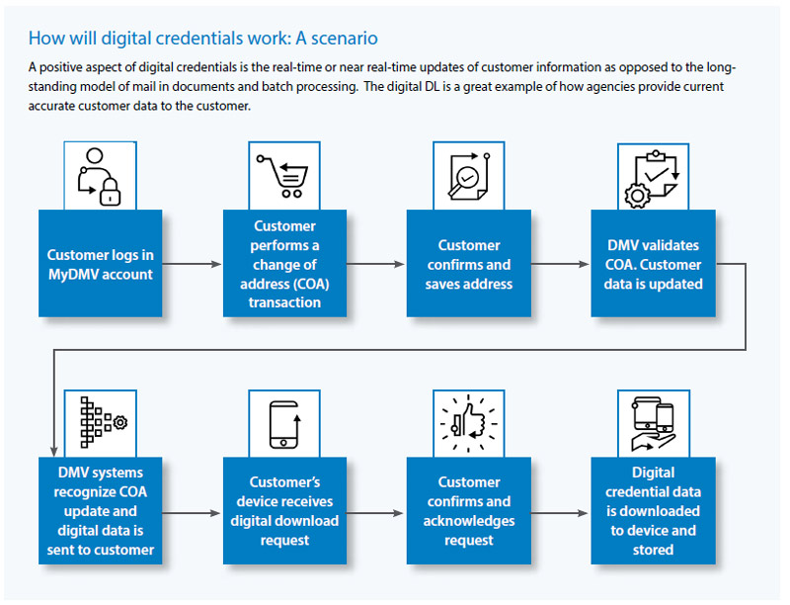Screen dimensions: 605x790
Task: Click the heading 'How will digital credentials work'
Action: (x=202, y=39)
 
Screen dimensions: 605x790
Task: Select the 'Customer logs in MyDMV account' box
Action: (x=101, y=264)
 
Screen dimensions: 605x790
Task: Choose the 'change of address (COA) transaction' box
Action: (x=285, y=264)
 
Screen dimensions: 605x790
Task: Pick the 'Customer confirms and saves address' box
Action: (x=469, y=264)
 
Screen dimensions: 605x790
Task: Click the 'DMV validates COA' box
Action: (x=653, y=264)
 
